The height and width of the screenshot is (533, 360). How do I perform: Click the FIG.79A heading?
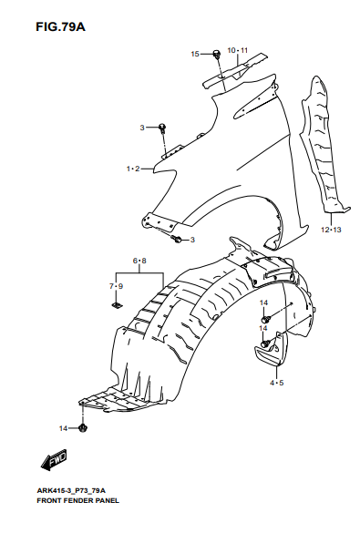pos(60,26)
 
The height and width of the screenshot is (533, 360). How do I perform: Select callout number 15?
pos(195,54)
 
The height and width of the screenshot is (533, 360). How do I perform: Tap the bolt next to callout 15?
pos(216,54)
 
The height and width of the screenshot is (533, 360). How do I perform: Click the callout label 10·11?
pos(238,50)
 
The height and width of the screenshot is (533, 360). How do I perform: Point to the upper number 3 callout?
pos(142,128)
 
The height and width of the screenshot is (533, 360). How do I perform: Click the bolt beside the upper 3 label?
pos(163,128)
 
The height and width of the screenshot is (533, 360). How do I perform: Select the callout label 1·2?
pos(133,169)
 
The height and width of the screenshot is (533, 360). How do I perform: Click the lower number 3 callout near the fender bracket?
pos(192,240)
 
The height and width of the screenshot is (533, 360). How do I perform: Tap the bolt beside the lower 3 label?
pos(177,239)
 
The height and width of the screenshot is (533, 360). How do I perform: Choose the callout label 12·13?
pos(331,230)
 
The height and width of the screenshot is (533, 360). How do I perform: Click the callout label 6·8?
pos(139,261)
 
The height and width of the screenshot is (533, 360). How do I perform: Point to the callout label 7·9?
pos(117,286)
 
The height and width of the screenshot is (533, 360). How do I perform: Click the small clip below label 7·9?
pos(117,304)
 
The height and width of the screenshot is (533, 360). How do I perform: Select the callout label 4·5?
pos(277,383)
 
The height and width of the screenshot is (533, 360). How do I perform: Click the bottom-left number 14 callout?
pos(63,428)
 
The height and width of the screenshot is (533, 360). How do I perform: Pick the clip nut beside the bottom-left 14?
pos(82,427)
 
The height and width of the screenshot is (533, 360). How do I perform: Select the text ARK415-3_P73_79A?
pos(71,490)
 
